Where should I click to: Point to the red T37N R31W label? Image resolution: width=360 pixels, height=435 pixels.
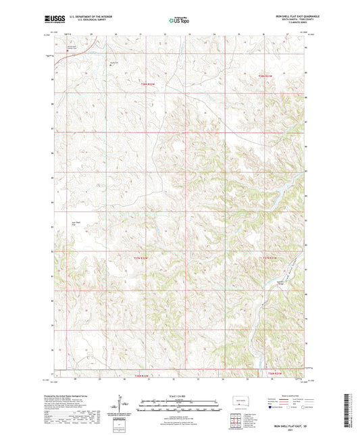coord(270,257)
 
